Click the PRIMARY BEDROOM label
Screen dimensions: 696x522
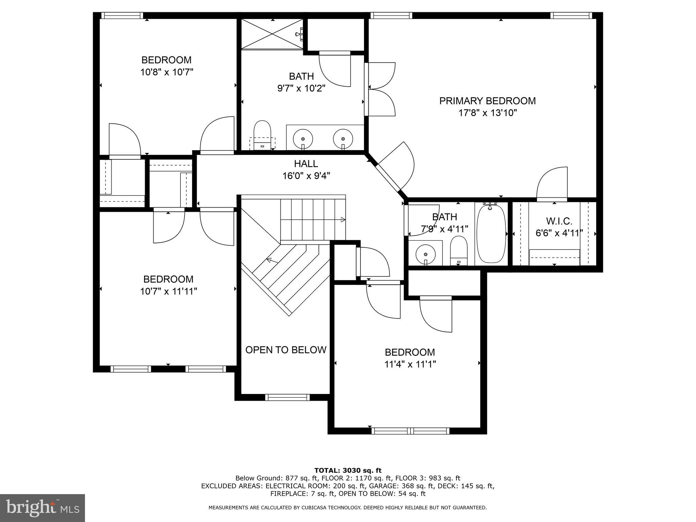(x=487, y=101)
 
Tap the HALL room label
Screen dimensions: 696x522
(x=306, y=164)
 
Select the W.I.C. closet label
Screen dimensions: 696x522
(x=559, y=221)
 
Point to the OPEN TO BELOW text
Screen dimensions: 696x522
(x=286, y=350)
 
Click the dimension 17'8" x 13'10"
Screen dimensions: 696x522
(x=488, y=113)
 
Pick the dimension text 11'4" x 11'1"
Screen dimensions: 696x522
(x=410, y=364)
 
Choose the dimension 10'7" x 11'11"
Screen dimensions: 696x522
(x=169, y=291)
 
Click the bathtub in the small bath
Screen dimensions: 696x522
(x=491, y=234)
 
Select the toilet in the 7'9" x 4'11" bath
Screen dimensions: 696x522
(x=458, y=251)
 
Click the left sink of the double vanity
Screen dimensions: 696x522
(x=302, y=138)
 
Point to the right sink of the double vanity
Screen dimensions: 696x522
(x=343, y=138)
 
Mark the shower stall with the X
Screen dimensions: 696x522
(x=272, y=34)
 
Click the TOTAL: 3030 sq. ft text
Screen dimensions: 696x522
(x=348, y=470)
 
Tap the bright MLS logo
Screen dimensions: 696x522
(x=42, y=508)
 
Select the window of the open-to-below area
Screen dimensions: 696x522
(x=287, y=397)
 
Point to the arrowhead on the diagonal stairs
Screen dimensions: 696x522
(x=269, y=260)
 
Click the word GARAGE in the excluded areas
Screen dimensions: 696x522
(x=383, y=486)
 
